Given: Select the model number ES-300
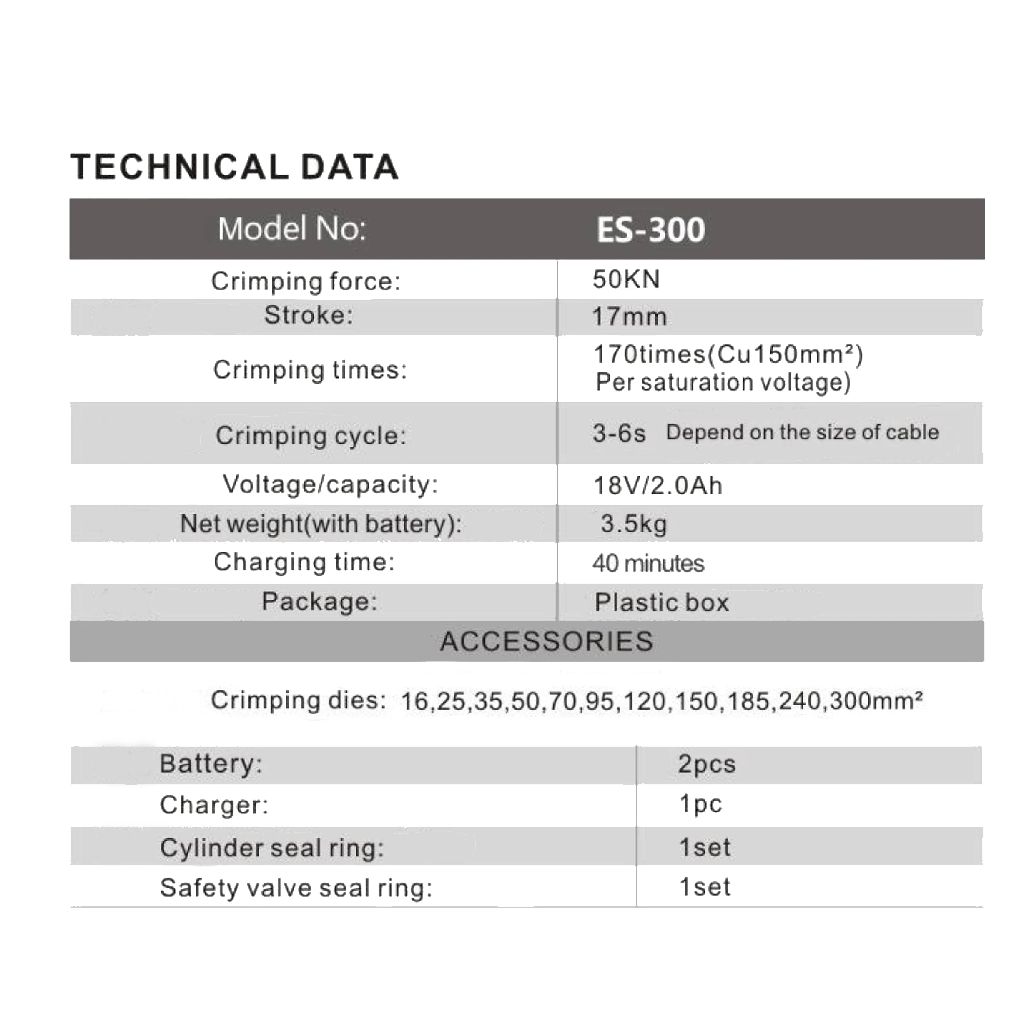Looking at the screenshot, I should [650, 230].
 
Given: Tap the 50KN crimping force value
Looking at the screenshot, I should [626, 279].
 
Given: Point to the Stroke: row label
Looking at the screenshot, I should [308, 315].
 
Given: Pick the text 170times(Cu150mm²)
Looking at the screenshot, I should [728, 354].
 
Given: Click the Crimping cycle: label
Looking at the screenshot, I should [311, 435].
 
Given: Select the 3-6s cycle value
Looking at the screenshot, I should [619, 433].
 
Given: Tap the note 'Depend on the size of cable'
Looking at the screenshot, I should [802, 432].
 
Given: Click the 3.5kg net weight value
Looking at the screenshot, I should [633, 523].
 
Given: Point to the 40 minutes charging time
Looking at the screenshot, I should [648, 563].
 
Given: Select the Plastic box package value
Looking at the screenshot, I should [662, 602].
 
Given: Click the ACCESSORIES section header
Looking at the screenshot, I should [547, 641].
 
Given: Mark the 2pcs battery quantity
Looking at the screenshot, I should [706, 764].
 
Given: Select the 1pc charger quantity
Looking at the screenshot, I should [700, 804].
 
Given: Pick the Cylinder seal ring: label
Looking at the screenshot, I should [272, 848].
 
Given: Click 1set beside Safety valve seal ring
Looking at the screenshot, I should [704, 887].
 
